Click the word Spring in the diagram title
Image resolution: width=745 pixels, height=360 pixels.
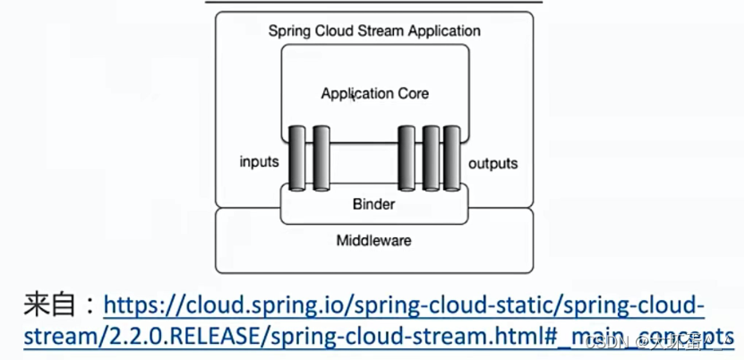click(x=288, y=30)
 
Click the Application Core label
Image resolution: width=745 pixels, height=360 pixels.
click(x=374, y=93)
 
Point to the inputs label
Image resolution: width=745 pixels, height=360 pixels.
click(x=260, y=162)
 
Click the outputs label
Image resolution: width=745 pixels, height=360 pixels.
click(x=493, y=163)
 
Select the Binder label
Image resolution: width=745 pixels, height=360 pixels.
click(x=374, y=204)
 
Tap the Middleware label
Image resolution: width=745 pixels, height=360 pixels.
click(x=374, y=240)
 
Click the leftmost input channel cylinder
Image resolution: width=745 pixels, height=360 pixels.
click(x=297, y=159)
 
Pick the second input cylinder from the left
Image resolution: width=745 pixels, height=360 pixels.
click(x=321, y=159)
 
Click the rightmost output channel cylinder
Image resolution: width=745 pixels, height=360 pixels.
click(x=452, y=159)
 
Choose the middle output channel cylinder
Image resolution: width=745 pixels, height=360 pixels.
click(x=431, y=159)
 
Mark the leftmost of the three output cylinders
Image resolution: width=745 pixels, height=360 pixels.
click(x=407, y=159)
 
